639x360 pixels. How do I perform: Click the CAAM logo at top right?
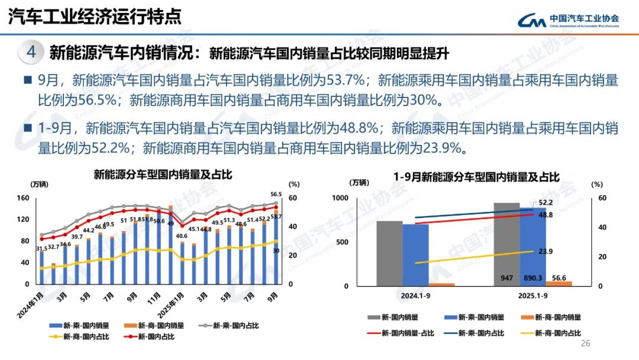point(569,21)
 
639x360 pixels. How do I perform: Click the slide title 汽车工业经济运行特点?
point(95,17)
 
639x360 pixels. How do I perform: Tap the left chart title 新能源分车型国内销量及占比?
point(162,175)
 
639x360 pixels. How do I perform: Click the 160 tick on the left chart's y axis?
point(23,198)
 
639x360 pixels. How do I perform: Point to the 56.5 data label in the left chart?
point(275,194)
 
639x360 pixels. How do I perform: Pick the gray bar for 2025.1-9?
point(506,243)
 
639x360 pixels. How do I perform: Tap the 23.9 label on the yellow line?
point(546,252)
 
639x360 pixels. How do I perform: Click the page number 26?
point(586,344)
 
